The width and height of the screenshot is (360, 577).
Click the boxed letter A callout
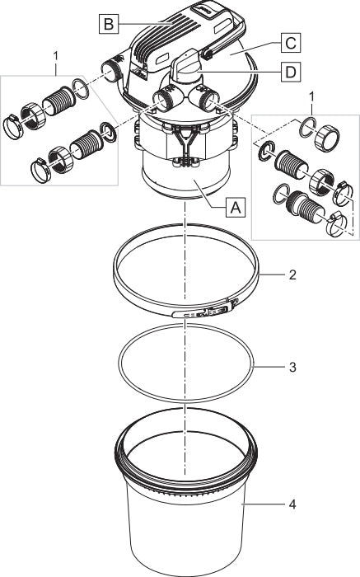pos(236,207)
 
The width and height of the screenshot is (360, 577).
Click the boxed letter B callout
pos(109,24)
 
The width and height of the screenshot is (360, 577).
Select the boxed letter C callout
pos(291,43)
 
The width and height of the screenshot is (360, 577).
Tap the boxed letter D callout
pos(291,73)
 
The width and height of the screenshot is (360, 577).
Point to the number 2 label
pos(292,274)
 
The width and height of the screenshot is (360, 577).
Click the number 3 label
pos(292,367)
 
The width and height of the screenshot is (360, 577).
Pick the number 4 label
pos(292,504)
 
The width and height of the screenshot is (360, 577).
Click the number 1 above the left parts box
pos(56,56)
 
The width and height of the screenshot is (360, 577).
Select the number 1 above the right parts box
pos(312,97)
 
